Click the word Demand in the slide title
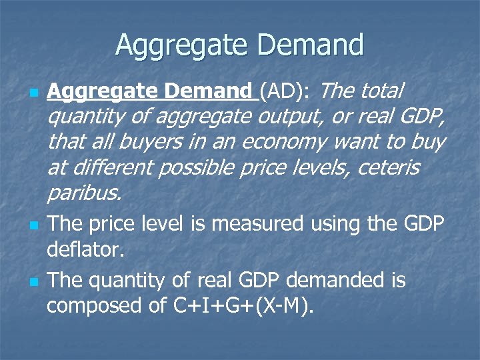pos(311,45)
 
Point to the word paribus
pos(84,193)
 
